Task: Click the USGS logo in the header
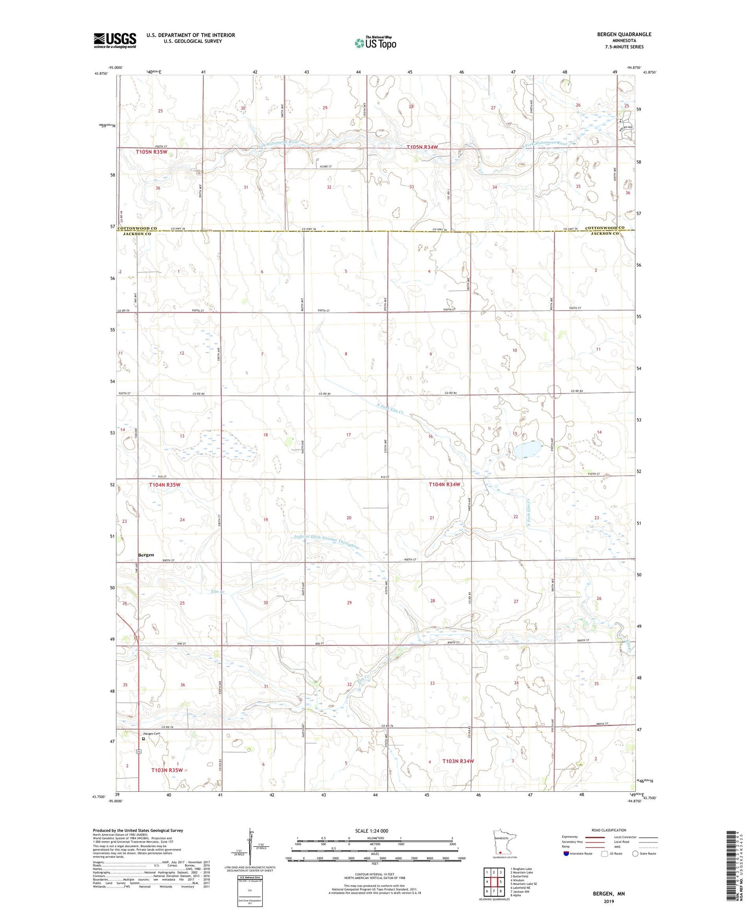115,40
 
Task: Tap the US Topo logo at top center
376,42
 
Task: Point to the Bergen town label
146,555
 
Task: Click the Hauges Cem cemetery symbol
144,739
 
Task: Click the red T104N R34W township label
444,484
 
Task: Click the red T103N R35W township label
167,770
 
